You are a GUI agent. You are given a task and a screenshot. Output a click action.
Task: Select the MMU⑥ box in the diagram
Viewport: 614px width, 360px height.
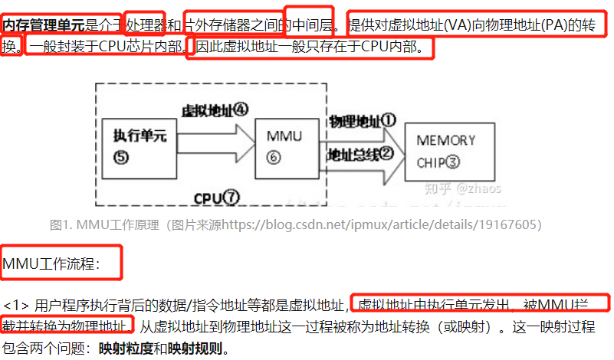284,146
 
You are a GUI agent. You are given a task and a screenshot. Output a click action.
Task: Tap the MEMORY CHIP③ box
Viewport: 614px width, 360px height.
446,151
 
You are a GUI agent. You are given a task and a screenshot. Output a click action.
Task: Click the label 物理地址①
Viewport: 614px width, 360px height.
362,120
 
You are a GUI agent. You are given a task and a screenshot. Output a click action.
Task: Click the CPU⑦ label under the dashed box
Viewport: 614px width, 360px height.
216,198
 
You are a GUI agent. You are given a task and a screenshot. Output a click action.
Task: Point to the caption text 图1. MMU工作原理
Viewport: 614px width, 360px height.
103,225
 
